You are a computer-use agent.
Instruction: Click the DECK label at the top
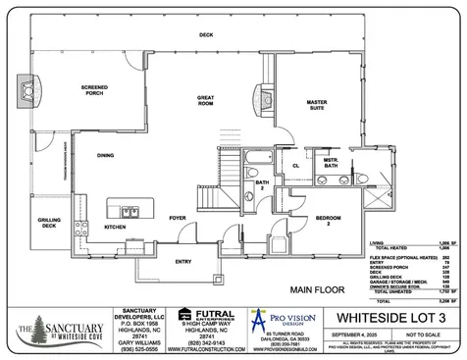click(206, 35)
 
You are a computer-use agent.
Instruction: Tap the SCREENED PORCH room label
click(94, 90)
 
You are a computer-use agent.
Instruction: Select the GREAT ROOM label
click(206, 100)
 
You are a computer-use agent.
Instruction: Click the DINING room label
click(105, 154)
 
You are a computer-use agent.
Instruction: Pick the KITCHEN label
click(116, 227)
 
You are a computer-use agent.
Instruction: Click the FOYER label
click(178, 218)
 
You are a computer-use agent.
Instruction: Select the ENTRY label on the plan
click(183, 262)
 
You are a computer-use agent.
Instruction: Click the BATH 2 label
click(262, 185)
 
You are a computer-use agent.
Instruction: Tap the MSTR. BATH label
click(332, 163)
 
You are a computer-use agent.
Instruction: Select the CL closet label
click(295, 166)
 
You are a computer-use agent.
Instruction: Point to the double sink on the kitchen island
click(129, 210)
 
